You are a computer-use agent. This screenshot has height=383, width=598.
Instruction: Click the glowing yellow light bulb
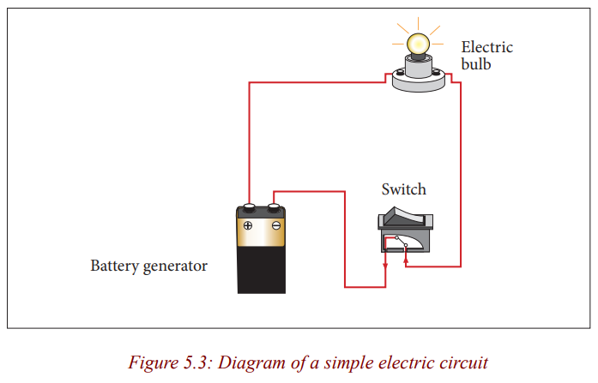[x=418, y=45]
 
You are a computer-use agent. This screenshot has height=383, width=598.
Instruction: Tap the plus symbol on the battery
[x=248, y=225]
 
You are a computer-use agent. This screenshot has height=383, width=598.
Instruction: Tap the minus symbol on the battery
[x=276, y=225]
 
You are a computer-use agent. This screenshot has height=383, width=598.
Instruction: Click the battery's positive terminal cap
[x=249, y=207]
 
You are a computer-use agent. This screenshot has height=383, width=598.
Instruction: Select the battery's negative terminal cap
[x=274, y=207]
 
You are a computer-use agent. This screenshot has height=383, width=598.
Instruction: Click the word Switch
[x=403, y=189]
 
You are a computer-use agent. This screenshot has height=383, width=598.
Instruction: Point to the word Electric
[x=487, y=47]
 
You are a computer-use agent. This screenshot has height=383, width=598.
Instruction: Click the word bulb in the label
[x=476, y=64]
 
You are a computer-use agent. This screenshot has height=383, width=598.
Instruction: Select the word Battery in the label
[x=114, y=266]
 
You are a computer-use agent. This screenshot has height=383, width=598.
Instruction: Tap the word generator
[x=175, y=266]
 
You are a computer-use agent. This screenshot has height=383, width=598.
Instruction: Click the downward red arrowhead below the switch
[x=385, y=266]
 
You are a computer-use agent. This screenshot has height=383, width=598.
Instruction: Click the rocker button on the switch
[x=404, y=216]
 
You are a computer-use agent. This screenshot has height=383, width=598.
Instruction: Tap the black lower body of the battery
[x=261, y=270]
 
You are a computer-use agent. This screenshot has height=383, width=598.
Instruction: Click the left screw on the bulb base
[x=400, y=72]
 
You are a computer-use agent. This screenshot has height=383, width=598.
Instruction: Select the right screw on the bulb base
[x=436, y=71]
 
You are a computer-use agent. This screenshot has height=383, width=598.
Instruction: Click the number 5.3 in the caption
[x=196, y=362]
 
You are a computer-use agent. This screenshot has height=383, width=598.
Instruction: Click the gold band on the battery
[x=261, y=232]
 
